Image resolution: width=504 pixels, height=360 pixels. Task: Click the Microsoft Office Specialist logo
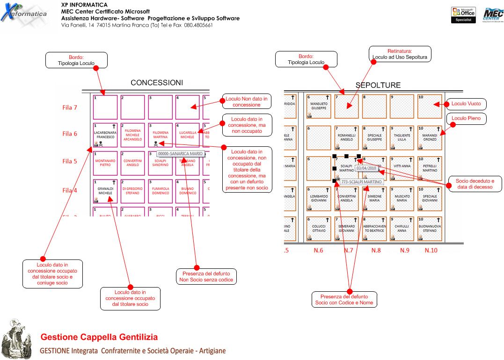click(x=463, y=15)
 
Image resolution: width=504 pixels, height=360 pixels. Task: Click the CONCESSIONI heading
click(x=157, y=83)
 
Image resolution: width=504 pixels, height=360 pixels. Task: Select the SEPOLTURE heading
click(x=378, y=85)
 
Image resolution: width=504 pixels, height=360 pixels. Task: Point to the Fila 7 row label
click(x=70, y=108)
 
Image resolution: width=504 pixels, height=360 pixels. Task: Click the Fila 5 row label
click(x=70, y=161)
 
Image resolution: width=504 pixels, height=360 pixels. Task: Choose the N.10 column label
click(x=431, y=251)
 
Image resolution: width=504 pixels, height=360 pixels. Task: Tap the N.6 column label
click(x=319, y=251)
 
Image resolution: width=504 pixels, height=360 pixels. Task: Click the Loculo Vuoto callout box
click(x=466, y=103)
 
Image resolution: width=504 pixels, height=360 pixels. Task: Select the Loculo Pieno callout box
click(x=466, y=119)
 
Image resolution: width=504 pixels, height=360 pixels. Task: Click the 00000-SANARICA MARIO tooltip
click(x=181, y=153)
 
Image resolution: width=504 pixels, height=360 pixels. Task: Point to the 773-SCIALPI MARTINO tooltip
click(x=361, y=181)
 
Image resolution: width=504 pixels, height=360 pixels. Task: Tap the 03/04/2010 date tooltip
click(x=366, y=168)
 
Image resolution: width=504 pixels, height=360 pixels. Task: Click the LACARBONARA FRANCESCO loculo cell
click(x=105, y=135)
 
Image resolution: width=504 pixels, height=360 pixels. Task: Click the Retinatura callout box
click(x=400, y=54)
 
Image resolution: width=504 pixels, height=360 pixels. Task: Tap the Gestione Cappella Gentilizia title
click(x=99, y=337)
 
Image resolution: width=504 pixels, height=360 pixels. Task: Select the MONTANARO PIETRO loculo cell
click(x=105, y=163)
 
